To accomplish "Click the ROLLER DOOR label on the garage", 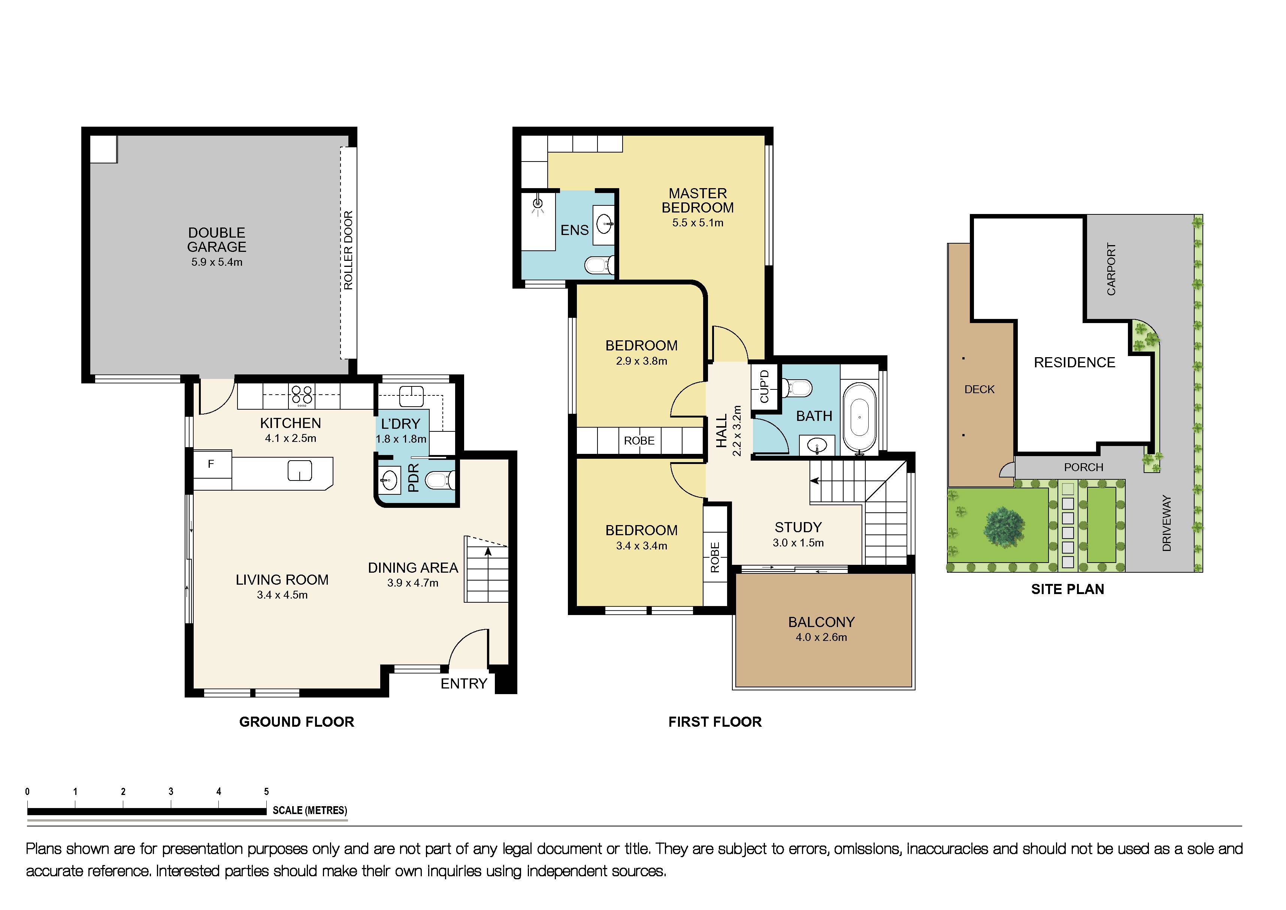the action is pos(348,250).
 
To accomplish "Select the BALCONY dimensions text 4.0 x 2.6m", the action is pos(821,637).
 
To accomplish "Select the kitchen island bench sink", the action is pos(300,471).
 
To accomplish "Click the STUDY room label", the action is pos(798,527).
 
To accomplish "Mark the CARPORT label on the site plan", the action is pos(1111,269).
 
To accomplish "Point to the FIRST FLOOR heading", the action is pos(715,722).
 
